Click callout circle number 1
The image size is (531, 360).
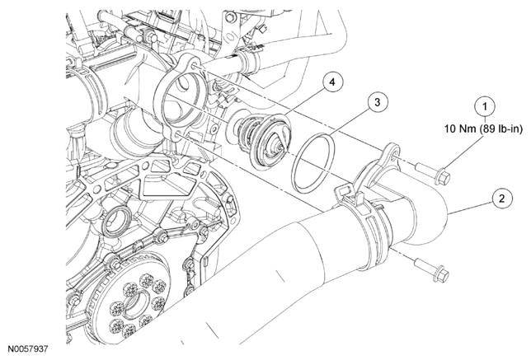coord(485,106)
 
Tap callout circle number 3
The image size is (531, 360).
coord(378,102)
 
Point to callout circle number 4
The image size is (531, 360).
coord(332,82)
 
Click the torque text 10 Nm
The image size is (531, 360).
coord(460,129)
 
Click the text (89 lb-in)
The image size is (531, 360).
coord(501,129)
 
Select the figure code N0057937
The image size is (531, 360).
coord(28,348)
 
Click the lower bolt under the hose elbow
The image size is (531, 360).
coord(432,269)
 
